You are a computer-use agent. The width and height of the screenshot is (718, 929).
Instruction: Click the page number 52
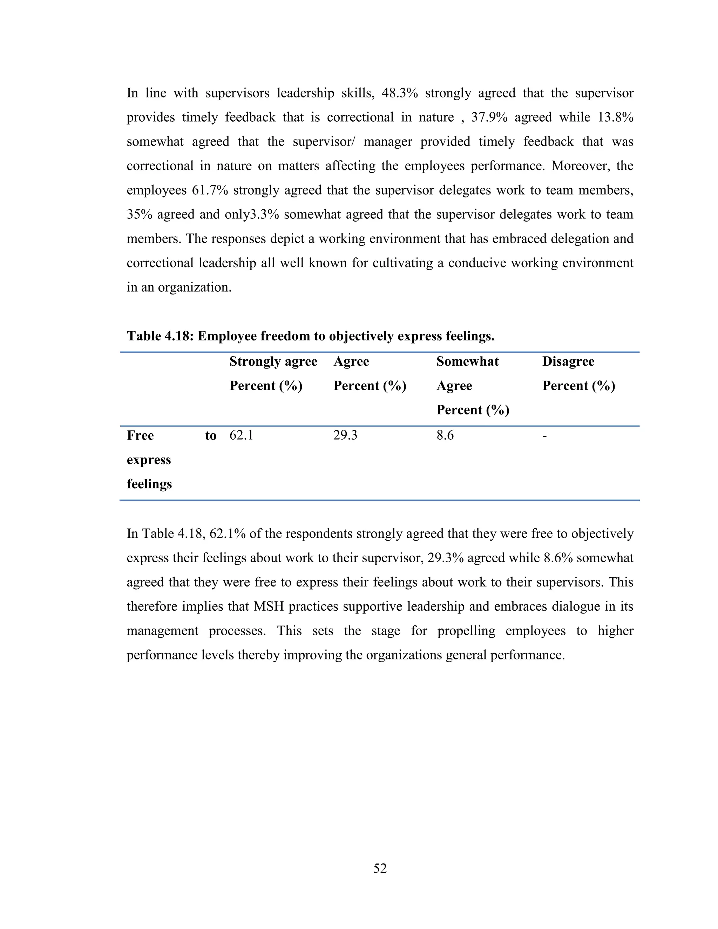(x=380, y=868)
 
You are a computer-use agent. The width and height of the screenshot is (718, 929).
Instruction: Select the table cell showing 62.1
(x=241, y=435)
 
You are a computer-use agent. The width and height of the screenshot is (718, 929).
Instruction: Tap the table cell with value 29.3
(x=345, y=435)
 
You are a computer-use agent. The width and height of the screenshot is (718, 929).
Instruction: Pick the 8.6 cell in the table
(x=445, y=435)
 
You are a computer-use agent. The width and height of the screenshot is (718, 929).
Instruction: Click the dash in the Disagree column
(x=544, y=435)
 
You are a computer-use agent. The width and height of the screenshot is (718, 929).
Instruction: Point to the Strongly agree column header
(x=273, y=361)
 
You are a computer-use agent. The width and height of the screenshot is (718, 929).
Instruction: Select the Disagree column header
(x=568, y=361)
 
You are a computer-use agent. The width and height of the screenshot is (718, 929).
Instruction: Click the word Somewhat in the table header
(x=467, y=361)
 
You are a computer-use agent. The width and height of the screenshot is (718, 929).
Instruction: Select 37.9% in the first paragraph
(x=489, y=117)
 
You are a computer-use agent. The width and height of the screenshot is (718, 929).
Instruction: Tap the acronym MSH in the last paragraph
(x=269, y=606)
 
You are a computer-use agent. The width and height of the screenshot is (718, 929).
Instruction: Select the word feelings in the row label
(x=149, y=484)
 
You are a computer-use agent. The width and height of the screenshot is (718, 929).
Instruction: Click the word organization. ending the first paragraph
(x=194, y=287)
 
